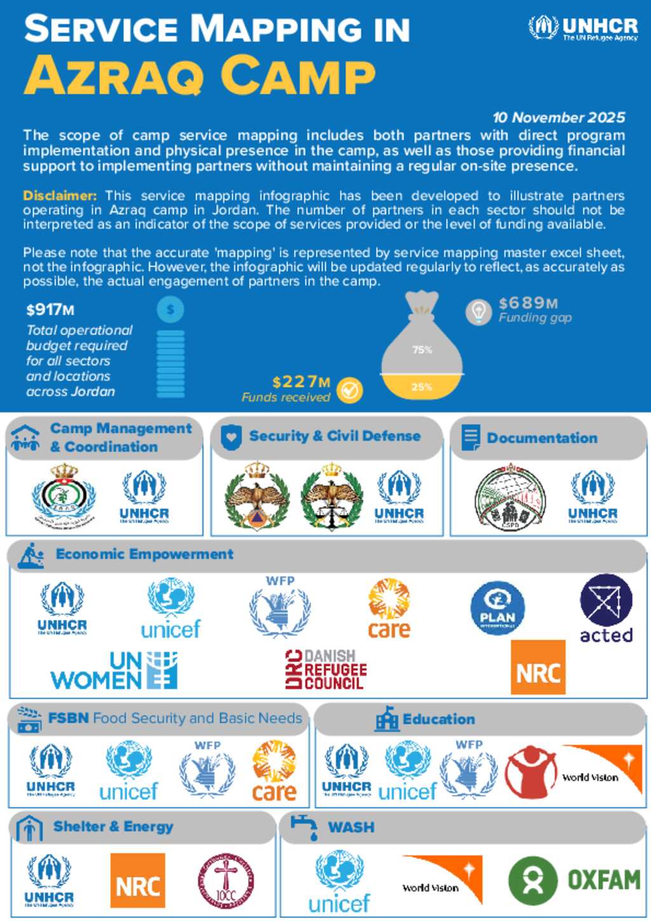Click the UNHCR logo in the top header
[583, 29]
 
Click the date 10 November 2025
[558, 118]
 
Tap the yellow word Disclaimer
[60, 195]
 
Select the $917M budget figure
[50, 310]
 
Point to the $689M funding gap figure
[528, 303]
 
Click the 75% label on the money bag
[422, 350]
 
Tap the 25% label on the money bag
[421, 386]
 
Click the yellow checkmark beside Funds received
[350, 390]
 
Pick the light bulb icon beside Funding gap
[478, 311]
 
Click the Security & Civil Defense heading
[334, 436]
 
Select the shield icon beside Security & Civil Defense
[230, 437]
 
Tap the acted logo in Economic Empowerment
[606, 609]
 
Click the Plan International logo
[497, 609]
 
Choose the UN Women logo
[114, 671]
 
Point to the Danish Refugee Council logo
[325, 670]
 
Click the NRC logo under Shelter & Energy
[137, 880]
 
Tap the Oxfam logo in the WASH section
[574, 880]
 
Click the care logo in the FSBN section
[274, 770]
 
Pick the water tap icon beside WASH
[305, 827]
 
